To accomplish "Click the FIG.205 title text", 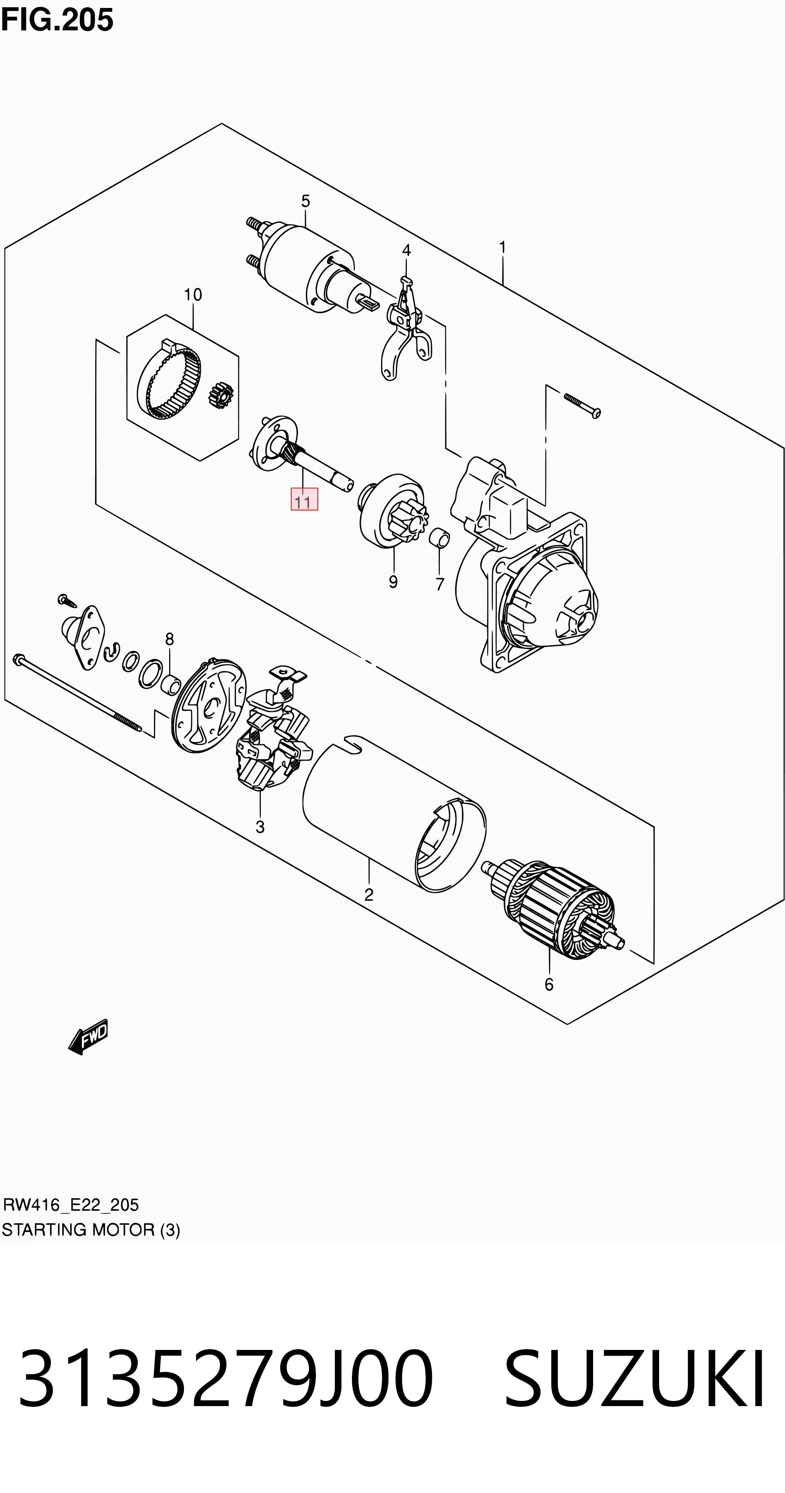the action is [x=57, y=20].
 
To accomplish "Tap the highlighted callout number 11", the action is [x=304, y=499].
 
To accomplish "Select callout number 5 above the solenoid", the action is [x=305, y=201].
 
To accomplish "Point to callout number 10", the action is [x=193, y=295].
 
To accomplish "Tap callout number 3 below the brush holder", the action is [x=260, y=827].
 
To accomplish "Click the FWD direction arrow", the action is [x=88, y=1036].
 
